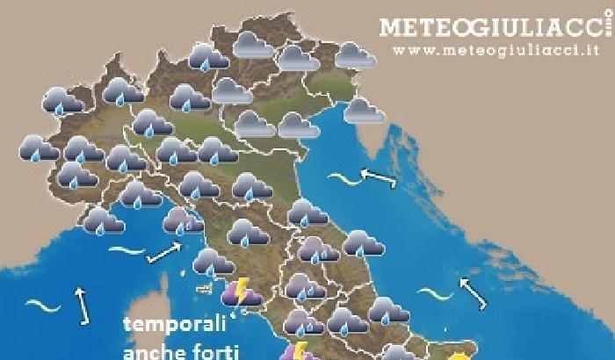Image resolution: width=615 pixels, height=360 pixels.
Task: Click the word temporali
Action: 175,326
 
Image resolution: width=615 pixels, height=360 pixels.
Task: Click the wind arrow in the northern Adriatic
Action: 378,178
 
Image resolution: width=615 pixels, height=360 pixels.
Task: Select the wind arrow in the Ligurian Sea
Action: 163,254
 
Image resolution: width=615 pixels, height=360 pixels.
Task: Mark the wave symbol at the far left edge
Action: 40,306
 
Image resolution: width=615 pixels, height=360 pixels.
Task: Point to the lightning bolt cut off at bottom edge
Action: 298,352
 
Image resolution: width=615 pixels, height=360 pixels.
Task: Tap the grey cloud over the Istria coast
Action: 359,111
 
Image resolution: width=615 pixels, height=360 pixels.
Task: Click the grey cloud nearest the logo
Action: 355,55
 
